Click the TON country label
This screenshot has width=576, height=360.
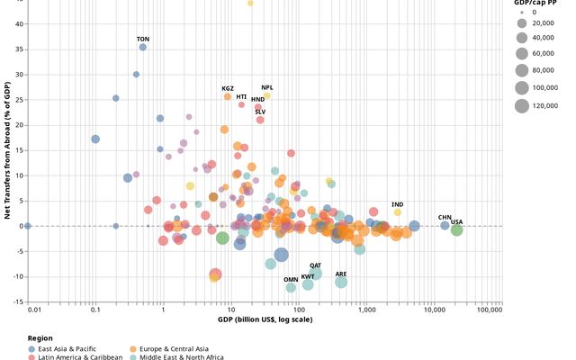143,39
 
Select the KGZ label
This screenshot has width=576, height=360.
228,88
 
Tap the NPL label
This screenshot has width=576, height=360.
267,87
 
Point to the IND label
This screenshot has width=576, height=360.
398,205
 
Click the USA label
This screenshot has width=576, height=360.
456,221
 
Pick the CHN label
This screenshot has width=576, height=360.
445,217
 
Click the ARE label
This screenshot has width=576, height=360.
341,274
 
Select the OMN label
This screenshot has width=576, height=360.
291,279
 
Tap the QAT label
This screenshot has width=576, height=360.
315,265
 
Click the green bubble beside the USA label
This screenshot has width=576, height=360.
456,230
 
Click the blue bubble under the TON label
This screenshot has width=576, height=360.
143,47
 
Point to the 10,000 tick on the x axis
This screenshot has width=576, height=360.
435,310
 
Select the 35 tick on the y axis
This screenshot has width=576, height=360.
21,47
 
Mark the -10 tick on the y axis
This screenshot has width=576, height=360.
18,276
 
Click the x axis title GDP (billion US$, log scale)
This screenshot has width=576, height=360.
265,320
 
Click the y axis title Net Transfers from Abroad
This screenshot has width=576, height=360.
7,149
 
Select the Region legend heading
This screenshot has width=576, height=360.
40,338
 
